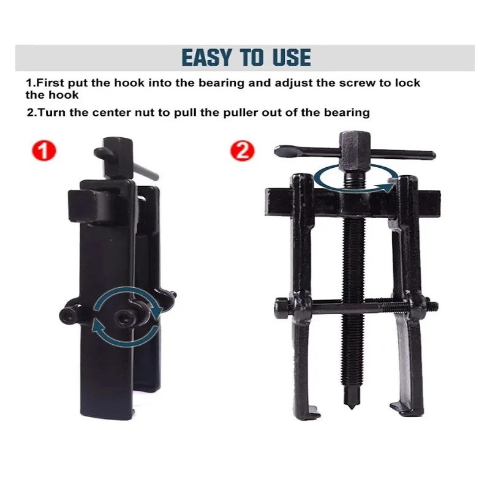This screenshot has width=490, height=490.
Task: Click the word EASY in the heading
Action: [207, 58]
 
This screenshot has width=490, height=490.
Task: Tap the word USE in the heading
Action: [292, 58]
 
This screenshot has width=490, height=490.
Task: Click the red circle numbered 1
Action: [44, 151]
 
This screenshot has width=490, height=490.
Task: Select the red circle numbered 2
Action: [242, 151]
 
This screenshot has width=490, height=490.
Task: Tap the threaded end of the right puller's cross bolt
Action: [433, 306]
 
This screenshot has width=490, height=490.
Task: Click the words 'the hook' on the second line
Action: [52, 95]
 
